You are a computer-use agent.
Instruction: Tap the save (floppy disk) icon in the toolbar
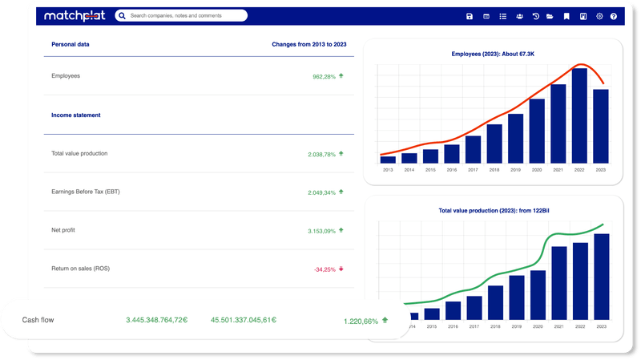470,16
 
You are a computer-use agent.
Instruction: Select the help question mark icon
614,16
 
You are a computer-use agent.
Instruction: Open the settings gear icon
599,16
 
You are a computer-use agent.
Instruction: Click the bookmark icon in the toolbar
566,16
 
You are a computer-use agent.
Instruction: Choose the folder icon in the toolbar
550,16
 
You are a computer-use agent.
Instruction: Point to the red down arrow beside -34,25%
341,269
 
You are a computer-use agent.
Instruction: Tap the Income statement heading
76,115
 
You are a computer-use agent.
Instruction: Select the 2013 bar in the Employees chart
388,160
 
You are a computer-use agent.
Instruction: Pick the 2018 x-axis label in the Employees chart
494,170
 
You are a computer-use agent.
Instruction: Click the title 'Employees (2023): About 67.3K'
493,55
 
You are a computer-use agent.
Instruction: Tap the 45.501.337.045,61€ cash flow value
244,320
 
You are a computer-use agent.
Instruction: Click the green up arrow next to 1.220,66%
385,321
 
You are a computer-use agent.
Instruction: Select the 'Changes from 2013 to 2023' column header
308,45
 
